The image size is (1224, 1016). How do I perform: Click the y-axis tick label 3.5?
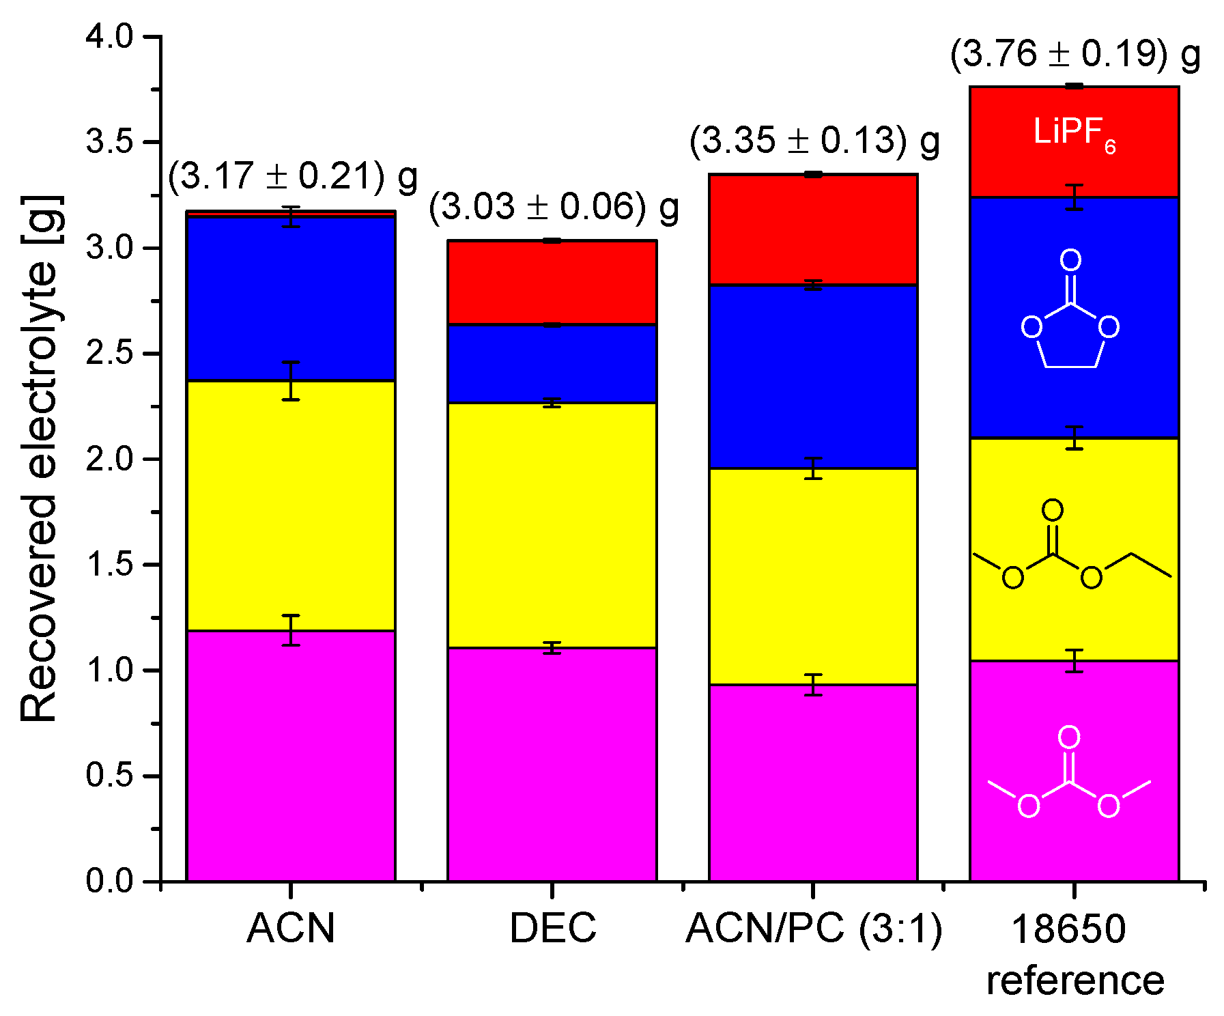pos(109,142)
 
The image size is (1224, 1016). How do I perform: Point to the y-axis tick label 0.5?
pos(109,776)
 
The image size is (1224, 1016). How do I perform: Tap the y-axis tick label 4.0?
pos(109,36)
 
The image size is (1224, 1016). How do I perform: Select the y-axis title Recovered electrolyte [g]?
pos(38,459)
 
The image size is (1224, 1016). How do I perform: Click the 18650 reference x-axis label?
pos(1074,955)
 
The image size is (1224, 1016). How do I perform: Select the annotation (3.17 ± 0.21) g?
pos(292,176)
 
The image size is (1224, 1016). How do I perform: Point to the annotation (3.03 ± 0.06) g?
pos(554,207)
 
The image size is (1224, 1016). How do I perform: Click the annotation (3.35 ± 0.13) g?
pos(814,141)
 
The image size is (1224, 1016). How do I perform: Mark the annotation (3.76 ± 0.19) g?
pos(1075,55)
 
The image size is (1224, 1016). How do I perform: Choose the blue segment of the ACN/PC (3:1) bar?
pos(812,376)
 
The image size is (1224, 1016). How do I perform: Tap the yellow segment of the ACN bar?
pos(291,505)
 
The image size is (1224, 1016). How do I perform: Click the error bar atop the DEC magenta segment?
pos(552,648)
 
